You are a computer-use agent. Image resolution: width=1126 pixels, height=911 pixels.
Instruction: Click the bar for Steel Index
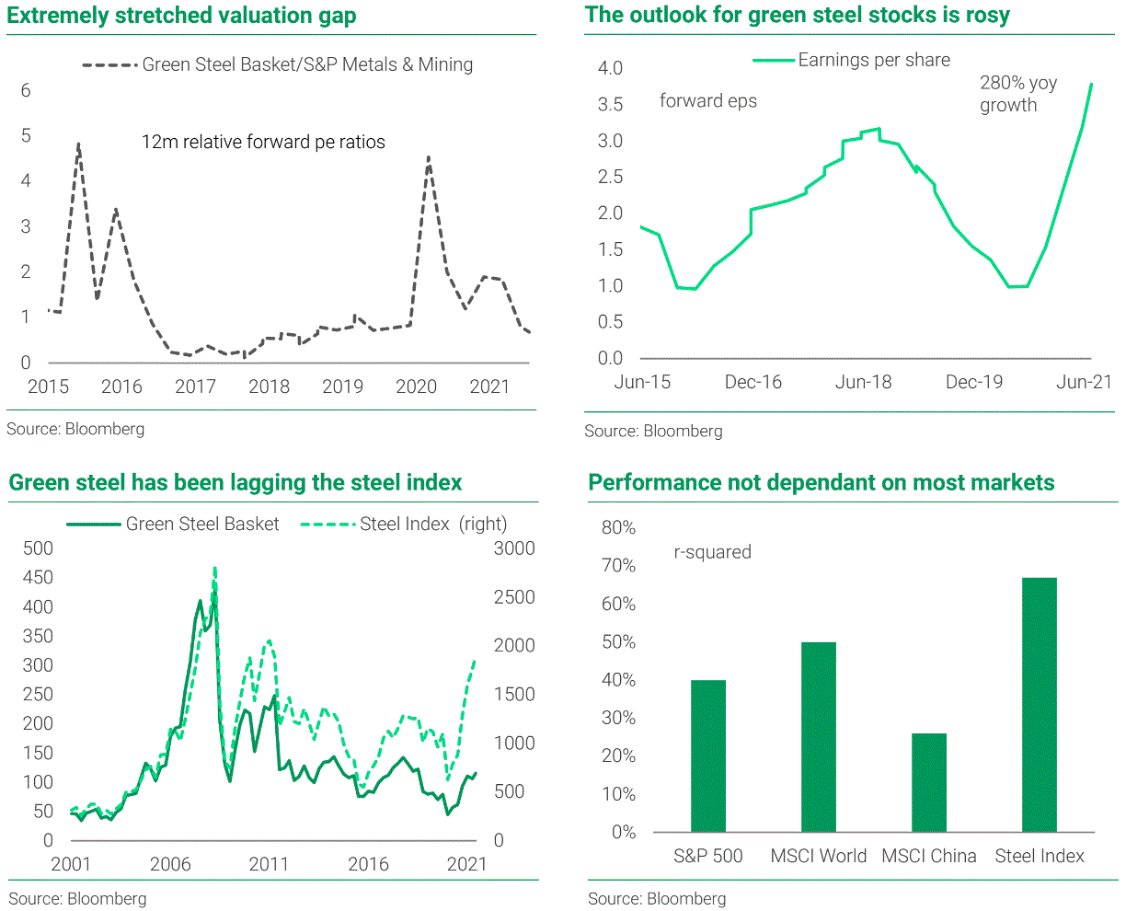pyautogui.click(x=1039, y=705)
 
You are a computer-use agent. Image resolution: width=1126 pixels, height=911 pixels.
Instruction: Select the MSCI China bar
pyautogui.click(x=928, y=782)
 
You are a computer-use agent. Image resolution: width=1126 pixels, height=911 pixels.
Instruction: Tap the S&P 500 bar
pyautogui.click(x=708, y=755)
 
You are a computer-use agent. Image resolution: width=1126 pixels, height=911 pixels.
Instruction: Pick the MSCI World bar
pyautogui.click(x=818, y=736)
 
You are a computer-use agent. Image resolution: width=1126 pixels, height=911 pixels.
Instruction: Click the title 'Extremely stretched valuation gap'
pyautogui.click(x=181, y=16)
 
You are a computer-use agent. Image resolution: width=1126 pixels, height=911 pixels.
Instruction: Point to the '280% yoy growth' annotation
pyautogui.click(x=1017, y=94)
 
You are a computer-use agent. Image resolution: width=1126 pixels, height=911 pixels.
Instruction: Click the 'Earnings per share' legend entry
pyautogui.click(x=873, y=60)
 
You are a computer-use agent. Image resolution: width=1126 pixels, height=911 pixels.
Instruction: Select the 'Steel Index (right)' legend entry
pyautogui.click(x=432, y=524)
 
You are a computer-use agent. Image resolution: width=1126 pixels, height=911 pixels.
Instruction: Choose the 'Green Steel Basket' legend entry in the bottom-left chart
pyautogui.click(x=201, y=524)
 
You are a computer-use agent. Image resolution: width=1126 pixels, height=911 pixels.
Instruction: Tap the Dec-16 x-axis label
pyautogui.click(x=753, y=382)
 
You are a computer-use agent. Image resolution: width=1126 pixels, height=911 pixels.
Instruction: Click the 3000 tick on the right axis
pyautogui.click(x=514, y=548)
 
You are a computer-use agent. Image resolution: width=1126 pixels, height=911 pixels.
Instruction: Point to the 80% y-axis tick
pyautogui.click(x=618, y=527)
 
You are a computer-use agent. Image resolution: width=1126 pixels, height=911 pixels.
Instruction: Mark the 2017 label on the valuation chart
pyautogui.click(x=195, y=386)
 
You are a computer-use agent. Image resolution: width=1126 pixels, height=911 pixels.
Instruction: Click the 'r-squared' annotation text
pyautogui.click(x=712, y=552)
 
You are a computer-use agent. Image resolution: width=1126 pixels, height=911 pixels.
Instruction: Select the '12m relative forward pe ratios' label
pyautogui.click(x=263, y=142)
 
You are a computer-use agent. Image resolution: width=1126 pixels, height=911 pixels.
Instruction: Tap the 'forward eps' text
pyautogui.click(x=707, y=101)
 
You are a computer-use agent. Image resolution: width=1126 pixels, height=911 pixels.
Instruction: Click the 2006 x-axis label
pyautogui.click(x=170, y=864)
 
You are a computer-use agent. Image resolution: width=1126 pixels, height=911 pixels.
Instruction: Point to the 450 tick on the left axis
pyautogui.click(x=38, y=577)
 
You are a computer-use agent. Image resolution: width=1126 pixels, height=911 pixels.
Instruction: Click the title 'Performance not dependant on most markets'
pyautogui.click(x=821, y=482)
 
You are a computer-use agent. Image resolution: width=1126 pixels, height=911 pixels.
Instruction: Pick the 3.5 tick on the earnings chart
pyautogui.click(x=610, y=104)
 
